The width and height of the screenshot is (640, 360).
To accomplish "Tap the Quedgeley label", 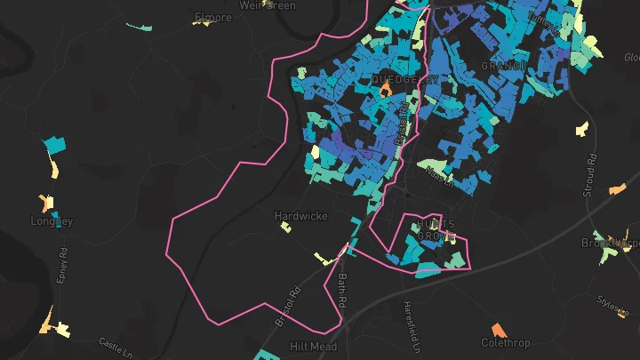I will tap(405, 80).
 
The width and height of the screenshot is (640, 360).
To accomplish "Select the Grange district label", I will tap(498, 66).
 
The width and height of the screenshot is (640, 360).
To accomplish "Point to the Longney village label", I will tap(51, 221).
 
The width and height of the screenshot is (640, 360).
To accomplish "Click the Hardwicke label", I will tap(300, 216).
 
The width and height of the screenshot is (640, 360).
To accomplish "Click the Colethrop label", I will tap(505, 342).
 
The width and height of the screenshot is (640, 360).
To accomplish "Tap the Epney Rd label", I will tap(62, 264).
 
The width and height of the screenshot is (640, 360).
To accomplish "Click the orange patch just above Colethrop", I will tap(498, 329).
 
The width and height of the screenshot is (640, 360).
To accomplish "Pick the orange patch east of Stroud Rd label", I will tap(617, 188).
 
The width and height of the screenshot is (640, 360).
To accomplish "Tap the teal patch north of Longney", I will tap(54, 144).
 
